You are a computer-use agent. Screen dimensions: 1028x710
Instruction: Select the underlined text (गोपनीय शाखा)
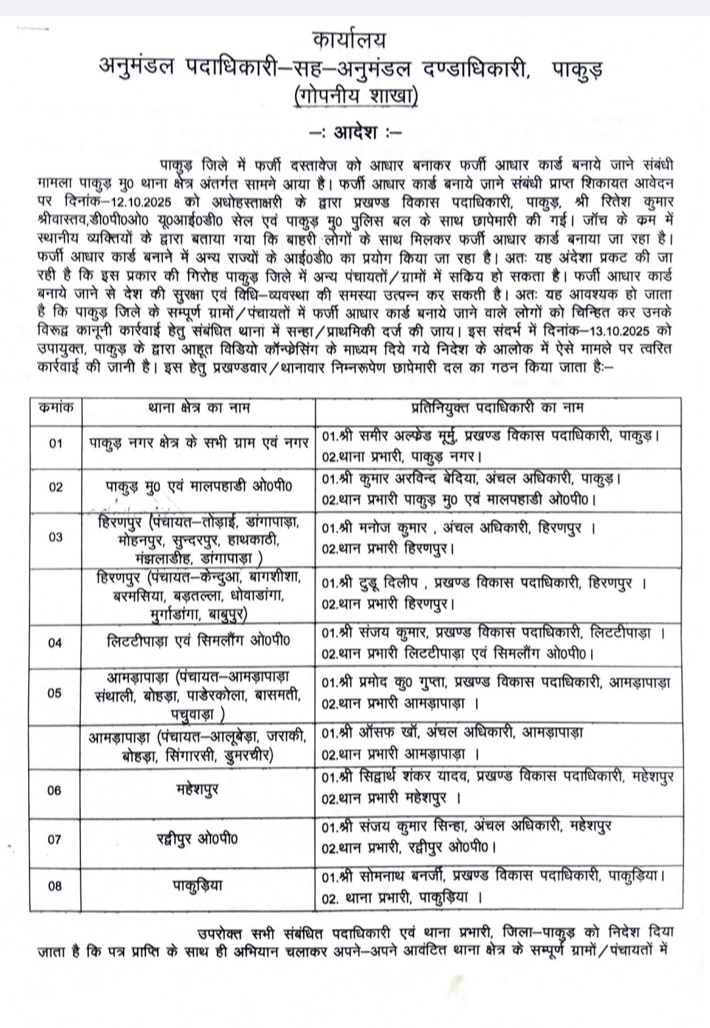click(356, 95)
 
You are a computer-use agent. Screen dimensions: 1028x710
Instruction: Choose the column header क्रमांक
click(56, 407)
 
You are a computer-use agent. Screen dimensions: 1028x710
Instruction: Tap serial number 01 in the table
click(56, 443)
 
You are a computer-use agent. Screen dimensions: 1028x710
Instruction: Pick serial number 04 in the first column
click(56, 642)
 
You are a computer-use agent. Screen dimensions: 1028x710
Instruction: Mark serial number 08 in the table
click(56, 885)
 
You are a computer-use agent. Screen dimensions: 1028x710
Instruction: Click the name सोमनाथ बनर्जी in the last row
click(404, 877)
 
